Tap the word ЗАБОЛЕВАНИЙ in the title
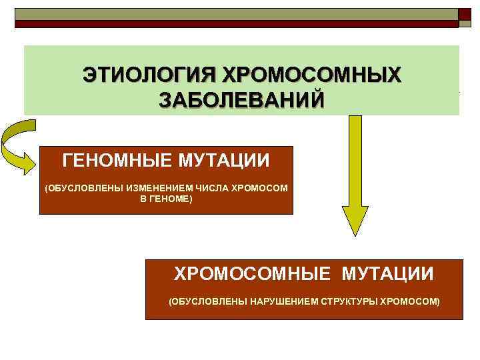(242, 100)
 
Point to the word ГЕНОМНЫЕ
(119, 161)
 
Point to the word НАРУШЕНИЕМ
(277, 302)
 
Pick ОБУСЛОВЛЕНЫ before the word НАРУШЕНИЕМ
(209, 302)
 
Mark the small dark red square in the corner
(465, 14)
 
